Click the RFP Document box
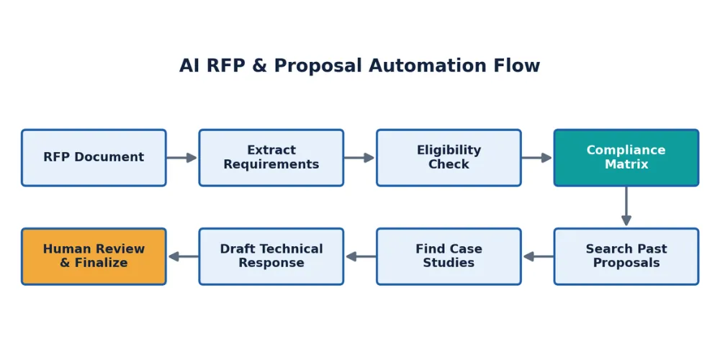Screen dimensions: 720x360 pyautogui.click(x=94, y=158)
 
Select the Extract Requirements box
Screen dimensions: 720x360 pyautogui.click(x=271, y=158)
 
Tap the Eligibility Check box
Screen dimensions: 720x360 pyautogui.click(x=449, y=158)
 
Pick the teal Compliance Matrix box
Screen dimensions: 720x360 pyautogui.click(x=626, y=158)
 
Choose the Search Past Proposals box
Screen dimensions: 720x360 pyautogui.click(x=626, y=256)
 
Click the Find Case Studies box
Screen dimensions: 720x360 pyautogui.click(x=449, y=256)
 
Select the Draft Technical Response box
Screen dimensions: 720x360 pyautogui.click(x=271, y=256)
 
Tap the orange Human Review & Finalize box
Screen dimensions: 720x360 pyautogui.click(x=94, y=256)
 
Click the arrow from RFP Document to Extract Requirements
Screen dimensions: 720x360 pyautogui.click(x=182, y=158)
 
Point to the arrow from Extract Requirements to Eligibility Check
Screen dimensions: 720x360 pyautogui.click(x=359, y=158)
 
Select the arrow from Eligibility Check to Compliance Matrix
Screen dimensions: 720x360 pyautogui.click(x=537, y=158)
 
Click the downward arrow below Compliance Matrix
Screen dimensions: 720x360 pyautogui.click(x=626, y=206)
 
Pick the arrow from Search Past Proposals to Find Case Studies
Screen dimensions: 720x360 pyautogui.click(x=538, y=256)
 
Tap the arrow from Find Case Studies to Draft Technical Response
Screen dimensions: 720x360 pyautogui.click(x=361, y=256)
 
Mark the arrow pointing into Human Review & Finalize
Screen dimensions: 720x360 pyautogui.click(x=183, y=256)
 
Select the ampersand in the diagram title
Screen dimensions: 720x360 pyautogui.click(x=259, y=66)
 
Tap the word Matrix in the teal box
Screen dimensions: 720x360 pyautogui.click(x=626, y=164)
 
